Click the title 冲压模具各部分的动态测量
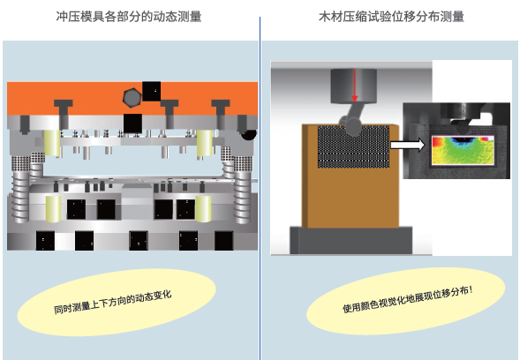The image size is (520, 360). click(x=129, y=16)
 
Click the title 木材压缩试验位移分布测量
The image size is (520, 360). click(x=391, y=16)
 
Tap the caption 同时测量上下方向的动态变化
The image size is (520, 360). click(x=113, y=303)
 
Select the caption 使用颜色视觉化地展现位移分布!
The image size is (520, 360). click(x=408, y=299)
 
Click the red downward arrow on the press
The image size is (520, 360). click(x=354, y=86)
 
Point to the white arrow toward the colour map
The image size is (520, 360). click(x=408, y=146)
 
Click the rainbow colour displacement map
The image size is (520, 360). click(x=463, y=150)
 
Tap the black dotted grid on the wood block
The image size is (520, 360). click(x=353, y=146)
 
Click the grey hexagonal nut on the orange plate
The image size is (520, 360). click(x=132, y=97)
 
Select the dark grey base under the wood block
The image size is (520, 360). click(x=351, y=240)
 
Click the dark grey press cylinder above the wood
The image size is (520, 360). click(x=353, y=86)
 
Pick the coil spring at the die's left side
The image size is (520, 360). click(x=20, y=196)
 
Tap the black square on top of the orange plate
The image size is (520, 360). click(x=152, y=91)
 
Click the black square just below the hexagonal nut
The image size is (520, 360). click(x=132, y=124)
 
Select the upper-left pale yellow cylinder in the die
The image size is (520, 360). click(x=52, y=143)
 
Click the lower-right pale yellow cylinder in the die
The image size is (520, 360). click(x=203, y=208)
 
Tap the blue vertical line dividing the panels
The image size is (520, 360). click(x=260, y=188)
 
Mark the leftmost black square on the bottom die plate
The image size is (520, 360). click(x=45, y=241)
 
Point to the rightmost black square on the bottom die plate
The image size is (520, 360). click(x=223, y=241)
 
